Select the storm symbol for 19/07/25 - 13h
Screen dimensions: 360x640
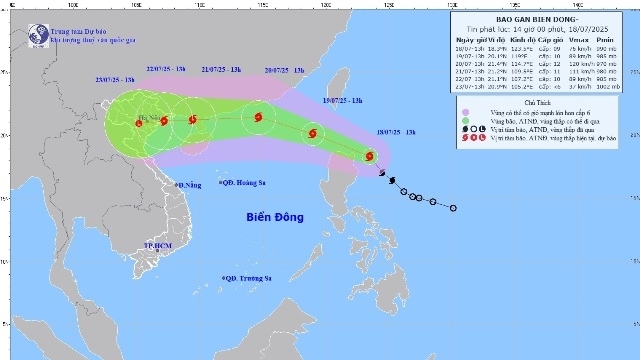[x=313, y=132]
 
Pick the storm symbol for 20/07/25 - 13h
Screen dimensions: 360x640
[x=259, y=118]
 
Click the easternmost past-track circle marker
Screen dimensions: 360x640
[x=453, y=208]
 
